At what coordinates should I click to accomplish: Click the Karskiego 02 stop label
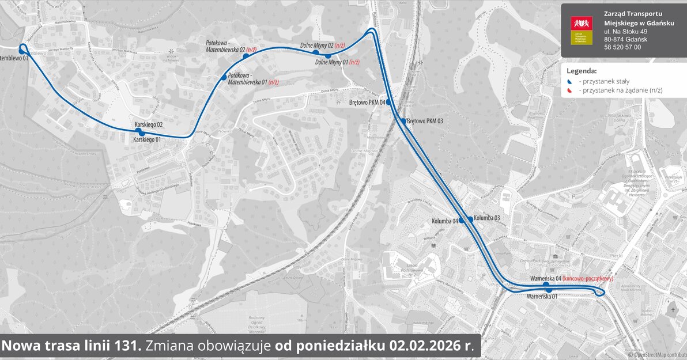click(x=149, y=124)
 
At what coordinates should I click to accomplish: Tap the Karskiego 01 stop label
click(x=146, y=139)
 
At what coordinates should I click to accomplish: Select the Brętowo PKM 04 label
click(x=367, y=103)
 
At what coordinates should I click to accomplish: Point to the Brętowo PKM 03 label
click(x=425, y=121)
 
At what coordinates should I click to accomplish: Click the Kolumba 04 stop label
click(x=444, y=221)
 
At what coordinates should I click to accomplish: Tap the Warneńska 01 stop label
click(x=542, y=297)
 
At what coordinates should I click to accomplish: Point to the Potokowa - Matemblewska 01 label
click(x=253, y=78)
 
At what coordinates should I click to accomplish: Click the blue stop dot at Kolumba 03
click(x=470, y=219)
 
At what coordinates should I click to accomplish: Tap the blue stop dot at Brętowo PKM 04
click(x=388, y=102)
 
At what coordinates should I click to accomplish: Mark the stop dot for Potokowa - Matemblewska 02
click(x=246, y=56)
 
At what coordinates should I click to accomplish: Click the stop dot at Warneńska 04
click(x=546, y=284)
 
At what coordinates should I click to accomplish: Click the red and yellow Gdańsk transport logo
click(x=578, y=30)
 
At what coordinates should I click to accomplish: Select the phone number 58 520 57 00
click(x=622, y=47)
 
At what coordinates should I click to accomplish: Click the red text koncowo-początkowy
click(x=587, y=279)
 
